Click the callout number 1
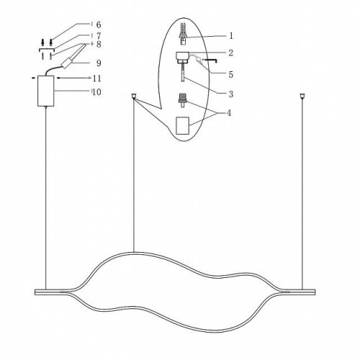[x=231, y=36]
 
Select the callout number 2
[x=231, y=53]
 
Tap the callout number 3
[x=231, y=94]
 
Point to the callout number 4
[x=229, y=112]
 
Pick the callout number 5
[x=231, y=74]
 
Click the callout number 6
[x=99, y=24]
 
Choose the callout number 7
[x=99, y=36]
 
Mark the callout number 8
[x=99, y=44]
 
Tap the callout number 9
[x=99, y=63]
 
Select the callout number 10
[x=96, y=92]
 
